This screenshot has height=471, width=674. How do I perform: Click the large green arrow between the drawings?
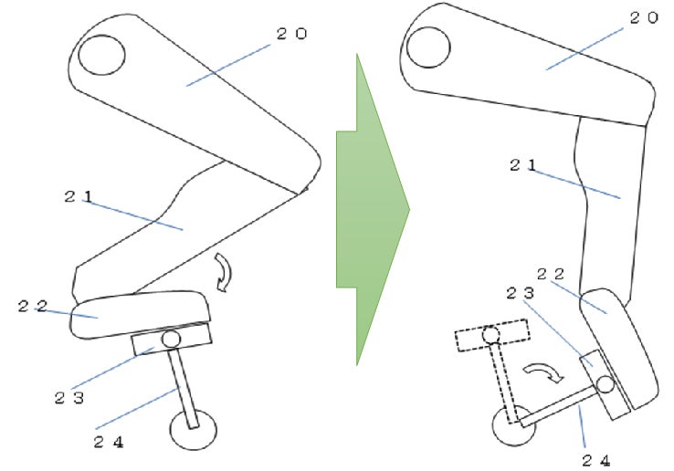373,210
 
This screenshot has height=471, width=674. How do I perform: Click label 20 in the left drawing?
291,34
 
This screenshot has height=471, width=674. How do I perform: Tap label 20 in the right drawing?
644,17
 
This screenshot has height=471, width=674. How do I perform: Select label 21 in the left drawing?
79,197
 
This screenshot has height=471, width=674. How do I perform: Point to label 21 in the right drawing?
523,165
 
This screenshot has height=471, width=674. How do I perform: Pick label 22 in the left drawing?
33,307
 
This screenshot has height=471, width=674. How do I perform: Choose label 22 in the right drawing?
551,274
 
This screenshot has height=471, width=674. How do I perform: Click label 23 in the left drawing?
69,398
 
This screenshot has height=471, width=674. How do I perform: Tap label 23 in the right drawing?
521,294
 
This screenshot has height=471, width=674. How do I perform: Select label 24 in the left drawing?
109,442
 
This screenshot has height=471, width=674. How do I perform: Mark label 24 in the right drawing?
596,461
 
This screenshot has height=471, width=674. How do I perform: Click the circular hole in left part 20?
102,55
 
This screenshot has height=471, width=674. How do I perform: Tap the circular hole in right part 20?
428,47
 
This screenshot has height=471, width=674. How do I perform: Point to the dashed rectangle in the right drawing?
492,335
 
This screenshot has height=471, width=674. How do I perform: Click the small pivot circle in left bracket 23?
171,339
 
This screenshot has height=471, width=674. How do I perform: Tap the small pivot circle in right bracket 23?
606,384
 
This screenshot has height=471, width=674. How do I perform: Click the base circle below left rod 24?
194,429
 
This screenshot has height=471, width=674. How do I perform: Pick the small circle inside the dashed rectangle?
490,334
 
